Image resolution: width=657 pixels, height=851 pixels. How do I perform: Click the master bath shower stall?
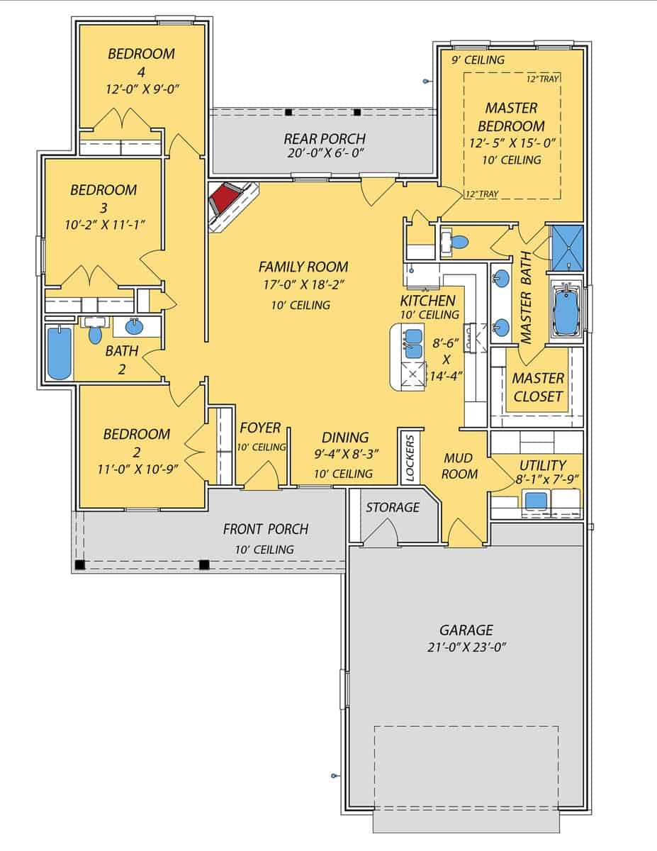pyautogui.click(x=566, y=247)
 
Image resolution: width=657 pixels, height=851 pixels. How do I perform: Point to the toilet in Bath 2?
pyautogui.click(x=95, y=333)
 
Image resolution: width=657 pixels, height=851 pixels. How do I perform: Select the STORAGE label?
pyautogui.click(x=392, y=508)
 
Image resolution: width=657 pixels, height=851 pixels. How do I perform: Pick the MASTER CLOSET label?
pyautogui.click(x=538, y=387)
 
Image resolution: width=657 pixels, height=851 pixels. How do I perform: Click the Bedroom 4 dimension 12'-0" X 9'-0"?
pyautogui.click(x=141, y=89)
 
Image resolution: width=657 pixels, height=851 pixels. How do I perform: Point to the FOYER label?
pyautogui.click(x=260, y=428)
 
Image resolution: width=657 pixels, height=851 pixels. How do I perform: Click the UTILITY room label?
pyautogui.click(x=542, y=465)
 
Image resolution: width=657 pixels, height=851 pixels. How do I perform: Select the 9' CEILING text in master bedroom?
pyautogui.click(x=478, y=60)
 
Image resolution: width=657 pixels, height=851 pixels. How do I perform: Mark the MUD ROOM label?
pyautogui.click(x=459, y=466)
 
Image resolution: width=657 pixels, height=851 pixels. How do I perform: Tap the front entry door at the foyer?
pyautogui.click(x=261, y=477)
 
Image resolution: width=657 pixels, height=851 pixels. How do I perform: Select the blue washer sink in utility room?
pyautogui.click(x=536, y=500)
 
